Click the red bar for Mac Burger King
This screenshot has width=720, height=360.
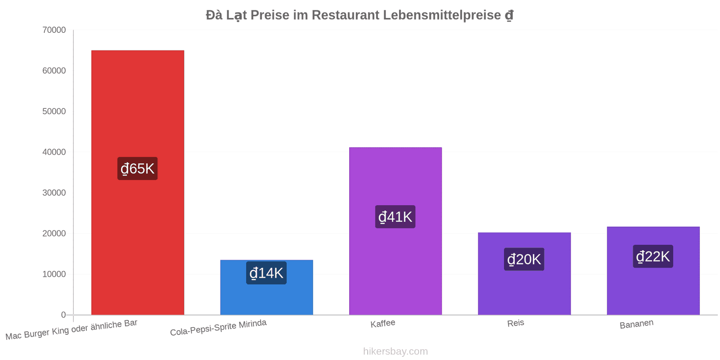click(138, 183)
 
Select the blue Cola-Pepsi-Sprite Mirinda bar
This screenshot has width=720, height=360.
click(266, 288)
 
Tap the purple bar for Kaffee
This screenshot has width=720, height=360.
click(396, 231)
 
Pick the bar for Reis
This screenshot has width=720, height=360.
click(524, 274)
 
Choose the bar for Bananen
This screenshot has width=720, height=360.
click(653, 270)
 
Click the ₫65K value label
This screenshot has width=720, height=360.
click(138, 168)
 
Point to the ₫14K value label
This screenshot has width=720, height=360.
click(266, 273)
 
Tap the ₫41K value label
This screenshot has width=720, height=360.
click(396, 216)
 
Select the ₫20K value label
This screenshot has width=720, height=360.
click(524, 259)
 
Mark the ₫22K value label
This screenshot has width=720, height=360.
click(653, 256)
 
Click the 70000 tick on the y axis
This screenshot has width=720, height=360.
click(54, 30)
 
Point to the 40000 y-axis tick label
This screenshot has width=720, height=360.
click(54, 152)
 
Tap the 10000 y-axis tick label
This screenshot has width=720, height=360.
click(54, 274)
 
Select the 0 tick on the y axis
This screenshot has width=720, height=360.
click(63, 315)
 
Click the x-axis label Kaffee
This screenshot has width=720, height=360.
click(383, 324)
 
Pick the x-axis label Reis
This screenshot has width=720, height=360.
click(516, 323)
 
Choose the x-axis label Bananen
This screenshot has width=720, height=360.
click(636, 324)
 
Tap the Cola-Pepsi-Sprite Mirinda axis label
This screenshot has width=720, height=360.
click(218, 328)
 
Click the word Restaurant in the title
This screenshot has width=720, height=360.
click(346, 15)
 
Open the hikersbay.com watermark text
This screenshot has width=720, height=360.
click(396, 351)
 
